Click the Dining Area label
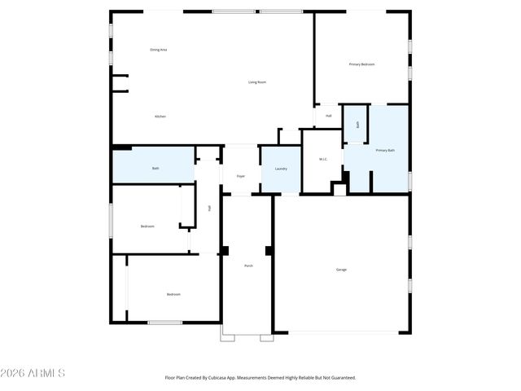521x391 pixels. click(159, 50)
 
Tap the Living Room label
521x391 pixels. click(257, 82)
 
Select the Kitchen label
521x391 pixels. click(160, 116)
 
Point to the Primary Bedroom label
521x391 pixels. click(361, 64)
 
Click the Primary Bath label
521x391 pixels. click(385, 151)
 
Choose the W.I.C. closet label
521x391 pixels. click(322, 160)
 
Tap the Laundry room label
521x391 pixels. click(281, 169)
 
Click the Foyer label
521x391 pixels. click(241, 176)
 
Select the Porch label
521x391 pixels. click(248, 266)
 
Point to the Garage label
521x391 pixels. click(341, 270)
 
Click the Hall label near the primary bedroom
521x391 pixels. click(328, 116)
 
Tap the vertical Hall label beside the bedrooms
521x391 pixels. click(209, 209)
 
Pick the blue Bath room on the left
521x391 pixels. click(155, 169)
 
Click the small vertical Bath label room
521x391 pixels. click(357, 125)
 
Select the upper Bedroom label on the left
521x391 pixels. click(147, 226)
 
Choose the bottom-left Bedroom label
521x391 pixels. click(173, 294)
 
